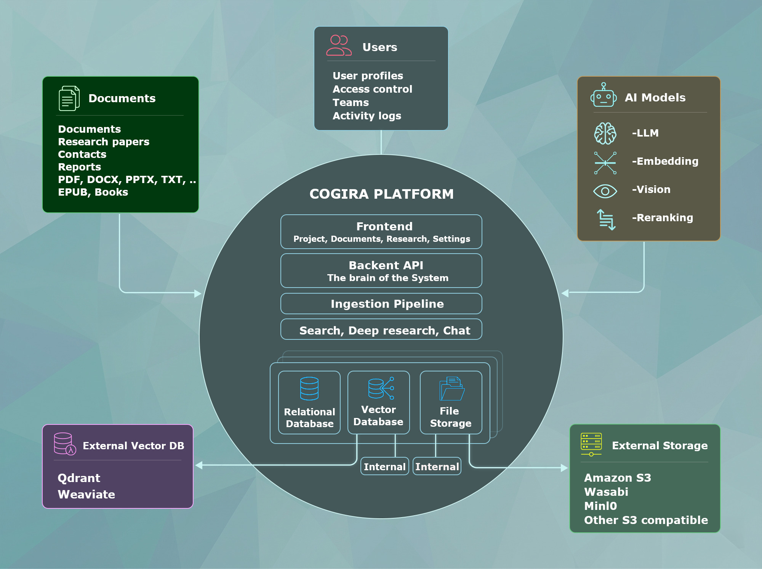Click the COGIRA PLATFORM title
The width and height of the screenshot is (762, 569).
[x=381, y=194]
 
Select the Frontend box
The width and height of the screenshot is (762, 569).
[x=381, y=231]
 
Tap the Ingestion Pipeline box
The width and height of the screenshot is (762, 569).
[x=381, y=304]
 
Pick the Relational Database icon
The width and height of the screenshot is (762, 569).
[x=309, y=389]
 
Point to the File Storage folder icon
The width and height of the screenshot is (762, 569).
[x=452, y=389]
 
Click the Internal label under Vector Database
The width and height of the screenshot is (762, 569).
[x=384, y=466]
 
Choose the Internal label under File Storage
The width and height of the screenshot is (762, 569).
[x=437, y=466]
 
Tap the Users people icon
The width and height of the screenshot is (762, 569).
[x=339, y=46]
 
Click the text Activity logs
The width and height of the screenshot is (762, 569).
[x=367, y=116]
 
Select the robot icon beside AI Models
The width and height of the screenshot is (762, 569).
[x=604, y=95]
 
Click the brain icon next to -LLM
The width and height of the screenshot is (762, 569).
[x=605, y=133]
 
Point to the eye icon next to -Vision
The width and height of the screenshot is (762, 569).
[x=605, y=191]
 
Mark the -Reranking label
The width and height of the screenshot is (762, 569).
[x=662, y=218]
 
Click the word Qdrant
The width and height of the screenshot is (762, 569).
[x=79, y=478]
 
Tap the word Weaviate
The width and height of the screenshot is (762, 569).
[x=86, y=494]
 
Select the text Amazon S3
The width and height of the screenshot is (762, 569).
[x=618, y=477]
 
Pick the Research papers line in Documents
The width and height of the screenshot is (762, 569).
[x=104, y=141]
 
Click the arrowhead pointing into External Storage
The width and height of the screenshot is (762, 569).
[x=565, y=468]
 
